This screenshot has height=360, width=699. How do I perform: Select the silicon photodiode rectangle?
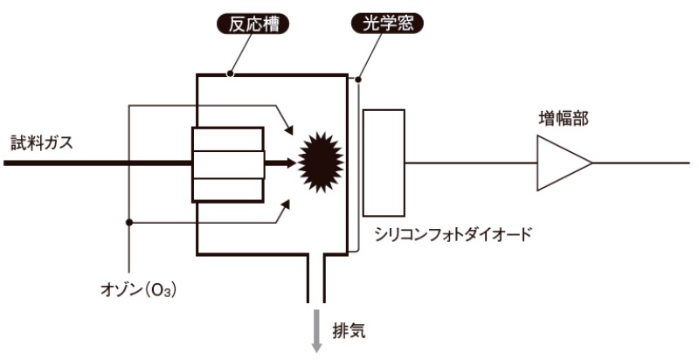(383, 163)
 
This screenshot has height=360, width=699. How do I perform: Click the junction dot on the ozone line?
(129, 222)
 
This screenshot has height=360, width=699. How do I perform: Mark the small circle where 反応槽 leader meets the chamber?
(229, 74)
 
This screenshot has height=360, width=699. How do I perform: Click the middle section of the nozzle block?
(227, 163)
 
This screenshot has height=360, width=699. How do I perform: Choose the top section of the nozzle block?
(227, 139)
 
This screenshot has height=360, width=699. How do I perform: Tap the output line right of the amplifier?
(642, 163)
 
